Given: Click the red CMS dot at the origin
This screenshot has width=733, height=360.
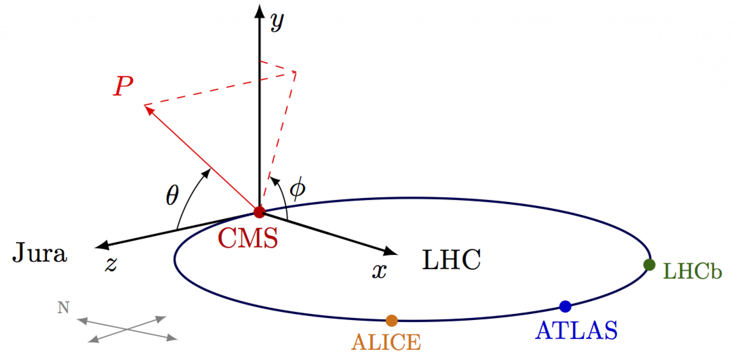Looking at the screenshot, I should pos(259,212).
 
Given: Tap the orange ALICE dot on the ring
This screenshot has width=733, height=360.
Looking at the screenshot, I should pos(391,320).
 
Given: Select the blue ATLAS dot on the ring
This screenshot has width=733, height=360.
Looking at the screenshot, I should pos(565,306).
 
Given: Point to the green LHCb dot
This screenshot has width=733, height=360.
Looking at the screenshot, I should pos(649,265).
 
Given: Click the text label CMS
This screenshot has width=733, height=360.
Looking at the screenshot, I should pos(248,238).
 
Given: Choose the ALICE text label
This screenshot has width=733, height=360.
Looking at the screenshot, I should pos(386,342).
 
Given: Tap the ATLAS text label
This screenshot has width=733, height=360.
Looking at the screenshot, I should pos(576,330).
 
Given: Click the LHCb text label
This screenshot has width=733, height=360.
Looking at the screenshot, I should pos(692,271).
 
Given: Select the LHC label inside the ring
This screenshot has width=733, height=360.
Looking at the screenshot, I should pos(451,260).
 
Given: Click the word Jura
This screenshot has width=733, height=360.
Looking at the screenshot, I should pos(40,253).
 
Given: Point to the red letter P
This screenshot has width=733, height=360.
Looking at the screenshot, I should pos(123,86).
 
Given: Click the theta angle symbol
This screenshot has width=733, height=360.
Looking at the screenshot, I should pos(172,195).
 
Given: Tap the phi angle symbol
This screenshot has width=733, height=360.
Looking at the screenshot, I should pos(297,188).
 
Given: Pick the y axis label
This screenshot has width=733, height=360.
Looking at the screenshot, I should pos(277,22).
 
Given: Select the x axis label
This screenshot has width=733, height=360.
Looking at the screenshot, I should pos(379,270).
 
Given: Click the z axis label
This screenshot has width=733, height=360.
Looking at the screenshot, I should pos(111,264).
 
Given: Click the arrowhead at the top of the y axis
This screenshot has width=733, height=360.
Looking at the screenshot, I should pos(259,11).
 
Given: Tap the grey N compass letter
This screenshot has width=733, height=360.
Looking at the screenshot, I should pos(63,307).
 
